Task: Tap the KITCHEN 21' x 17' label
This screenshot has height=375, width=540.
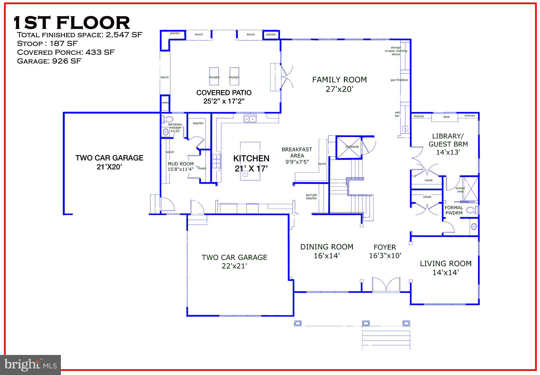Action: (251, 163)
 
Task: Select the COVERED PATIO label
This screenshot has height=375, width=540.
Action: (224, 97)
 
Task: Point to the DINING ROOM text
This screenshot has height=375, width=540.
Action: (327, 247)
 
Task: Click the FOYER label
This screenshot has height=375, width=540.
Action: (385, 247)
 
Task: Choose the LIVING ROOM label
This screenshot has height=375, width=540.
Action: (446, 264)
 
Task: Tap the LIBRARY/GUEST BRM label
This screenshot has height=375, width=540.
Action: (448, 140)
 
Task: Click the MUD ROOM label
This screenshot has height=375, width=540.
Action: (181, 164)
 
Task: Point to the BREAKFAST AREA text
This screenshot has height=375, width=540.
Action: (297, 153)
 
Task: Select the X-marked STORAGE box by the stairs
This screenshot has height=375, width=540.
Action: (349, 147)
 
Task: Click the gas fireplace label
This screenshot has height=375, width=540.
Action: (399, 80)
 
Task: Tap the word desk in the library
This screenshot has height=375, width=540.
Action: (446, 117)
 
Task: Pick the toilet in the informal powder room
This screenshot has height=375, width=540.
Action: (167, 120)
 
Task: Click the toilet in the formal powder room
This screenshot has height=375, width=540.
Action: (471, 210)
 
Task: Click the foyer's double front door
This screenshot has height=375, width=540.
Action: (386, 285)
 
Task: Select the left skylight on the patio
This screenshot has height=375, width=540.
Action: (214, 76)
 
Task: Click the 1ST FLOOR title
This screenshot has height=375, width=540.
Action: (72, 23)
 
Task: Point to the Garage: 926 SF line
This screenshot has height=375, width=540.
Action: (49, 61)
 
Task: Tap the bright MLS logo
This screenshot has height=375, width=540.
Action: (31, 365)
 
